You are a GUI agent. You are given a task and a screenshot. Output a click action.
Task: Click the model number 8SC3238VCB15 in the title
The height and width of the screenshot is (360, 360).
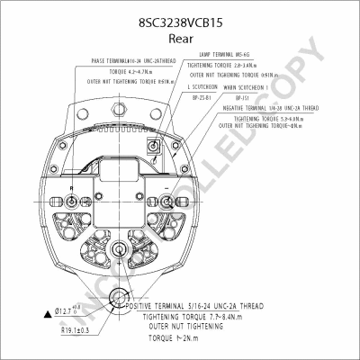pos(179,13)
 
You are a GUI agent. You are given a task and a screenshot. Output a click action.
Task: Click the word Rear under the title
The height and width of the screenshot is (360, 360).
pos(179,29)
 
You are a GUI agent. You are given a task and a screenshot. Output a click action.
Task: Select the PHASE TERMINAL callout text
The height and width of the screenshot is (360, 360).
pos(136,61)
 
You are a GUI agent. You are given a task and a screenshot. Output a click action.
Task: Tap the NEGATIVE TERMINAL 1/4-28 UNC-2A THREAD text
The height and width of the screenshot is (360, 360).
pos(282,108)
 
